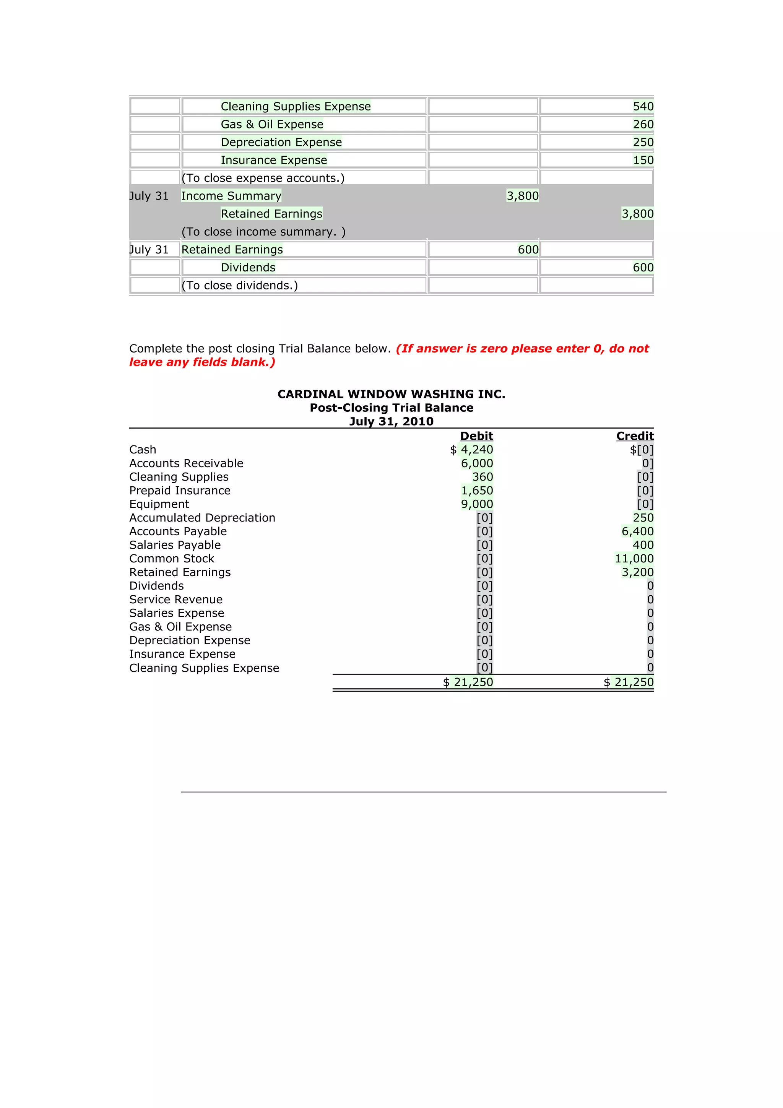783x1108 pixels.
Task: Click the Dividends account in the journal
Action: click(x=248, y=267)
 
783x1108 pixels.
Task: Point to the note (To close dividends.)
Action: click(x=240, y=285)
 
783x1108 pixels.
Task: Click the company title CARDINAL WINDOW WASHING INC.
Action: click(x=391, y=394)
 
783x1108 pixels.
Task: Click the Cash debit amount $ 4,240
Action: click(x=471, y=449)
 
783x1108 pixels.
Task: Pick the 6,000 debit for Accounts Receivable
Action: click(x=477, y=463)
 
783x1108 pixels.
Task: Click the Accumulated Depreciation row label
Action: click(x=202, y=517)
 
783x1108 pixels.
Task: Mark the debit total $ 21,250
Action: click(x=468, y=682)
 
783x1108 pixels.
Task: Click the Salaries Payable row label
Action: click(x=175, y=545)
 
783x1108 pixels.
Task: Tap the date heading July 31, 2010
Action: click(x=391, y=421)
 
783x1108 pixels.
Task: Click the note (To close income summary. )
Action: click(x=263, y=232)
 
